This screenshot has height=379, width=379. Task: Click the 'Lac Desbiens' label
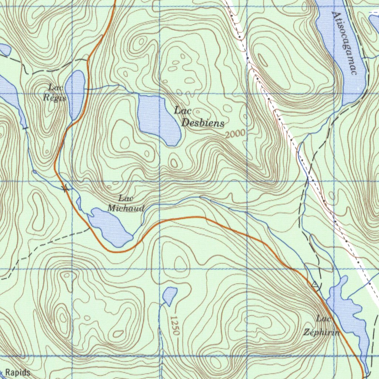click(x=199, y=117)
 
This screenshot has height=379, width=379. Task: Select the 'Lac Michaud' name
click(x=126, y=204)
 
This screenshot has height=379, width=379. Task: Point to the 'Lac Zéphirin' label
click(x=321, y=326)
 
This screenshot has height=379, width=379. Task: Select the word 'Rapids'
click(x=18, y=372)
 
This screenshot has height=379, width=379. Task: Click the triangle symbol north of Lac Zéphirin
click(x=315, y=285)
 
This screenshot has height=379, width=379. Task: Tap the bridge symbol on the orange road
click(x=66, y=189)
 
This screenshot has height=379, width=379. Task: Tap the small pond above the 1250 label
click(x=170, y=295)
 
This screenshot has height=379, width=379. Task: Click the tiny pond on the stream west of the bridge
click(x=34, y=172)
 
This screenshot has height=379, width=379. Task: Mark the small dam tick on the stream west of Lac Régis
click(x=26, y=128)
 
